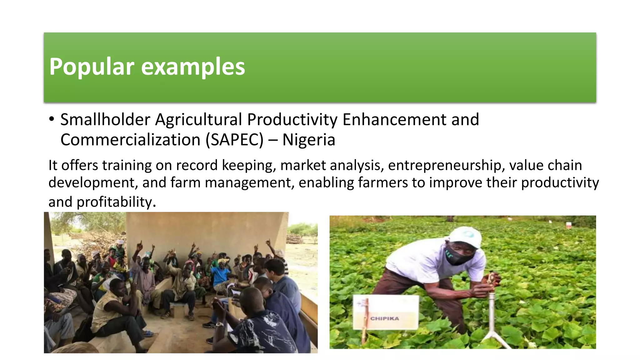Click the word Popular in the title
(x=92, y=67)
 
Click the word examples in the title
(x=193, y=67)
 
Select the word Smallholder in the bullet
(x=105, y=119)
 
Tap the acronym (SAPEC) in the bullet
(x=234, y=140)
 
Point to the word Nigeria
(x=308, y=140)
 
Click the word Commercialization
(x=130, y=140)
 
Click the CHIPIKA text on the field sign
(x=385, y=318)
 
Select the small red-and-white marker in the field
(x=568, y=224)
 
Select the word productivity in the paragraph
(x=560, y=183)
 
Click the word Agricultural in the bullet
(x=199, y=119)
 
